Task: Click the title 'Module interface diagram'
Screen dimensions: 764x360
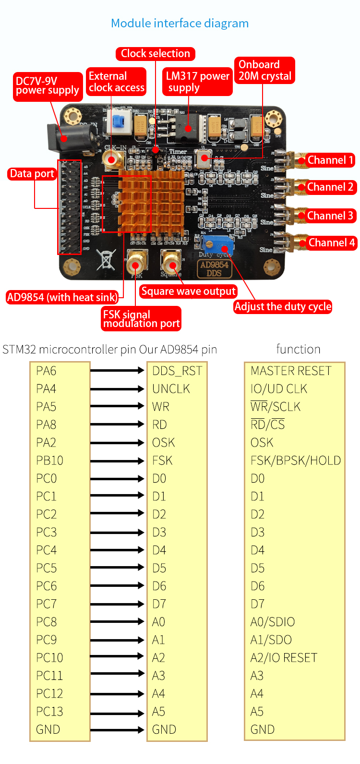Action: [x=180, y=24]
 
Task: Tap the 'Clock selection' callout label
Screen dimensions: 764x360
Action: [x=155, y=53]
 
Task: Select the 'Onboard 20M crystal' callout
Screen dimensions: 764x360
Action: [x=265, y=70]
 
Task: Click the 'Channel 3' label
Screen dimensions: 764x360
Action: [x=330, y=216]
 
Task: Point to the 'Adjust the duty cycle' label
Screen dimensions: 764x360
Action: [x=283, y=306]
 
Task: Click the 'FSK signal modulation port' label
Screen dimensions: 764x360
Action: [x=141, y=319]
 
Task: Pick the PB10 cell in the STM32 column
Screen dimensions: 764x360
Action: [x=50, y=461]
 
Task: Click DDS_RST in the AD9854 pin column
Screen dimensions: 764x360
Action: [x=177, y=371]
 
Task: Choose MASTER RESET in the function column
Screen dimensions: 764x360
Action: [x=291, y=371]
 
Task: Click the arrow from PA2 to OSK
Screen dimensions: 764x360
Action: [x=117, y=442]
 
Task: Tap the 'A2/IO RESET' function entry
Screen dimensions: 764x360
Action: [x=284, y=657]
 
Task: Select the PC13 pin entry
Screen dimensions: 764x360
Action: [x=50, y=711]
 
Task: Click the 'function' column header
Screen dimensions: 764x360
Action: [x=298, y=349]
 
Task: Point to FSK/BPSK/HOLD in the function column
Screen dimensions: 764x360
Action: [x=295, y=461]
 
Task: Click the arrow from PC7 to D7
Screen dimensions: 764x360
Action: [x=117, y=604]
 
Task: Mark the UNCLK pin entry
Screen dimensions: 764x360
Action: [x=171, y=388]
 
